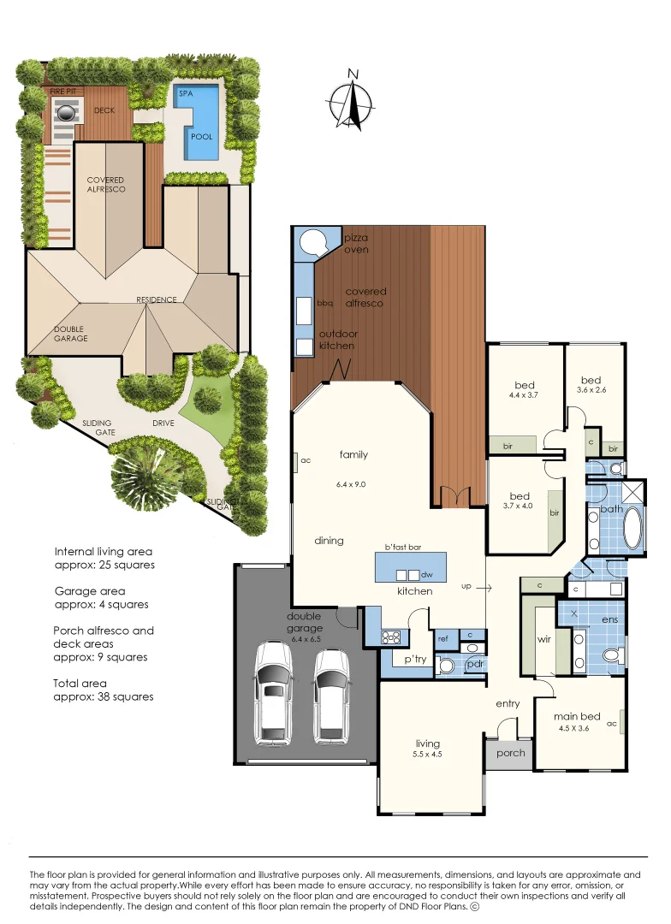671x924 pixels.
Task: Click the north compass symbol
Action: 353,101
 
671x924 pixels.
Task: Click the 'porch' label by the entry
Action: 510,753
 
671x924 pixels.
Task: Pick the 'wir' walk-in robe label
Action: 543,638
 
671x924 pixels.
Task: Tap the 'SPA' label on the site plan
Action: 185,92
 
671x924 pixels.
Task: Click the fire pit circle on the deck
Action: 67,110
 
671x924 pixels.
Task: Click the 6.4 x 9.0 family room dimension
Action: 351,484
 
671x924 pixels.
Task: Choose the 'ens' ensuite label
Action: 609,618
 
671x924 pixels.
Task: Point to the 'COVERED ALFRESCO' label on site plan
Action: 105,185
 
